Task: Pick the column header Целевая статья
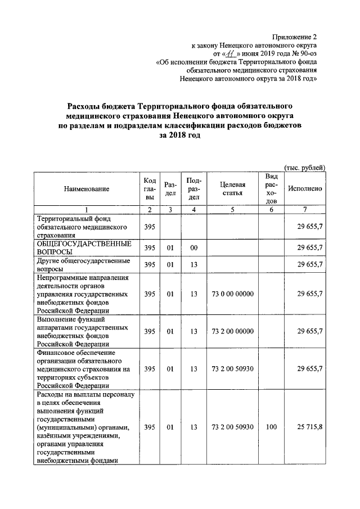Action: [x=232, y=189]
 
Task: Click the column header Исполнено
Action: [x=304, y=189]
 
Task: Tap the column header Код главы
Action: [x=149, y=189]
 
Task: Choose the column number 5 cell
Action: [x=232, y=209]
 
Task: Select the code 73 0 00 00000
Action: [x=232, y=294]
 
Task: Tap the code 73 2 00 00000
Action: [x=232, y=331]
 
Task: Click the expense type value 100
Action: [x=272, y=427]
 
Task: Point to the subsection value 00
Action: [x=193, y=247]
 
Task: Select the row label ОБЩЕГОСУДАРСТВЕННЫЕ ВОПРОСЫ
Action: [x=84, y=247]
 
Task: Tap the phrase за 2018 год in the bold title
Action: [x=179, y=136]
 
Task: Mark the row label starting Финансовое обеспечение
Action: [x=83, y=369]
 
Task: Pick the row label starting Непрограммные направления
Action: [x=83, y=294]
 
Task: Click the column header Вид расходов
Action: [x=272, y=189]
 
